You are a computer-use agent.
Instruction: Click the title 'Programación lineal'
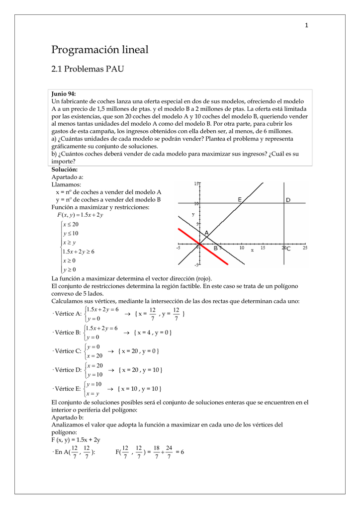(100, 50)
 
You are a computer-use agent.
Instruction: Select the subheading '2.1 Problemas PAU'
(88, 69)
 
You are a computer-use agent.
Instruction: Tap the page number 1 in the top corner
(307, 26)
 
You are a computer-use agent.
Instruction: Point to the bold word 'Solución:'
(65, 170)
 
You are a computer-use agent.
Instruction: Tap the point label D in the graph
(288, 200)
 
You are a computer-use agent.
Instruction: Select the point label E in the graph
(240, 199)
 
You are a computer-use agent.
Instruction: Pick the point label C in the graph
(288, 248)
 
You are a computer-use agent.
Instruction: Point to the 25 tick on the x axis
(305, 248)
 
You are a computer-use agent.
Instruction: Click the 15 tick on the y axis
(196, 184)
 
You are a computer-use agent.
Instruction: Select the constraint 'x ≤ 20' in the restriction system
(71, 224)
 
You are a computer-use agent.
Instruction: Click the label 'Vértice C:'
(66, 351)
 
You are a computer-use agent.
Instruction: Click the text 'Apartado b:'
(68, 418)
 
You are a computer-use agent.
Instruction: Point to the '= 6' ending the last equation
(180, 452)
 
